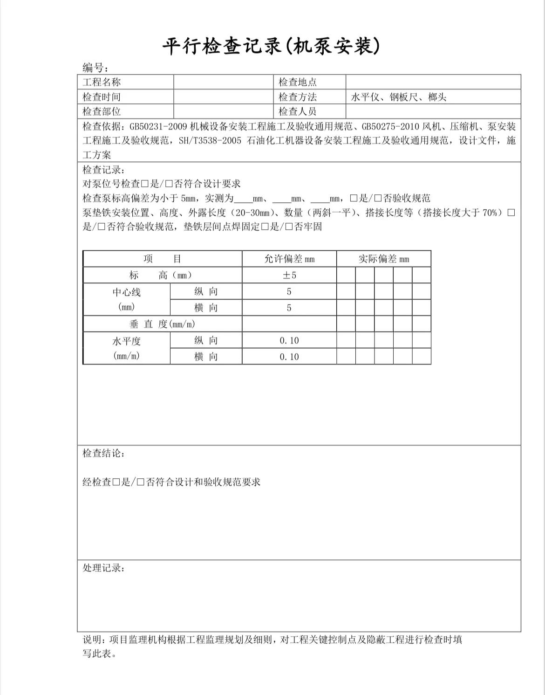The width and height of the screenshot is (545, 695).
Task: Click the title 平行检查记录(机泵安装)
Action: [272, 47]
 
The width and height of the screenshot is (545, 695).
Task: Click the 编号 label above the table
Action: [95, 68]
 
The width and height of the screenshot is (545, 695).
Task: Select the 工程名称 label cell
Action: [102, 82]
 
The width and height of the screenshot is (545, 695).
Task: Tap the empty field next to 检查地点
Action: [433, 82]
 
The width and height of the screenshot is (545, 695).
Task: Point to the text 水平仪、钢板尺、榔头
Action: [398, 97]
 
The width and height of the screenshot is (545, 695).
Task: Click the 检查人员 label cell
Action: [298, 111]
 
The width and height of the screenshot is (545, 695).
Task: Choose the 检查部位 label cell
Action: [102, 111]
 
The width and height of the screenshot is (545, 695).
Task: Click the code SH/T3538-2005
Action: [210, 141]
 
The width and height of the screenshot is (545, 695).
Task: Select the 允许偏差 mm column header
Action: [289, 259]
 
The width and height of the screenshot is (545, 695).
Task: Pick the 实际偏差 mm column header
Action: [383, 259]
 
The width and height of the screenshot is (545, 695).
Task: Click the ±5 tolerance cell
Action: [289, 275]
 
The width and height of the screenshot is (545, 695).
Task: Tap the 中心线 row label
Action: [126, 292]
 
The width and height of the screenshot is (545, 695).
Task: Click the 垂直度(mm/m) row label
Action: [162, 324]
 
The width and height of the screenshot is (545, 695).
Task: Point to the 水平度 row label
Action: [126, 341]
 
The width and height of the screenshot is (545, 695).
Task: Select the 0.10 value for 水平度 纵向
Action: [289, 340]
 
